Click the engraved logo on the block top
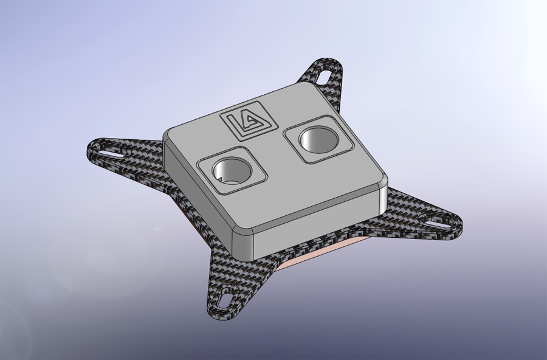point(249,121)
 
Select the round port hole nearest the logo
point(318,140)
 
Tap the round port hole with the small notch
point(232,170)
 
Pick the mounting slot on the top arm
point(325,75)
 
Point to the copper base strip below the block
point(325,252)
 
